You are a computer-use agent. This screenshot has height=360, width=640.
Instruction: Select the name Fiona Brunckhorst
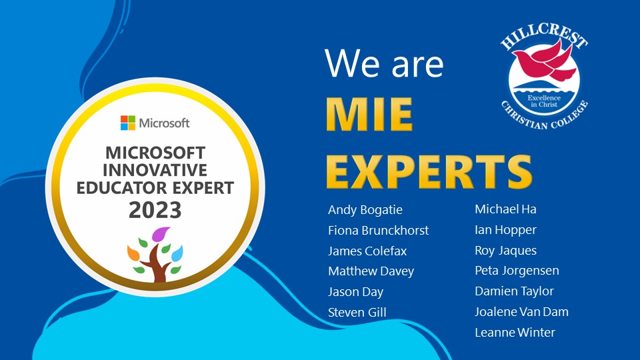click(378, 231)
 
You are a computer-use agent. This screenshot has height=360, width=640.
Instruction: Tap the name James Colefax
click(367, 251)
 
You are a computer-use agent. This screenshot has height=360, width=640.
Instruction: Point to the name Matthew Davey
click(371, 271)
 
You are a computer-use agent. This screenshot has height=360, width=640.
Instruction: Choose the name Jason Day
click(355, 292)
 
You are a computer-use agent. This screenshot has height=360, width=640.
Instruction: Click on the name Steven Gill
click(357, 312)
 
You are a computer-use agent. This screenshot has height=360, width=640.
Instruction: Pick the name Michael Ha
click(505, 209)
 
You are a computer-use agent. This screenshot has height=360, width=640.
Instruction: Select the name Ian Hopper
click(505, 230)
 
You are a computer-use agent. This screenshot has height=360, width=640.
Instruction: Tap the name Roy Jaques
click(505, 251)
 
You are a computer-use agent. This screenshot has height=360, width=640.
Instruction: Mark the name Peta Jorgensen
click(517, 271)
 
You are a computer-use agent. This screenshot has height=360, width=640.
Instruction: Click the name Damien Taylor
click(514, 291)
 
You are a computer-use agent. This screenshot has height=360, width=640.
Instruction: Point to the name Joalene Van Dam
click(521, 311)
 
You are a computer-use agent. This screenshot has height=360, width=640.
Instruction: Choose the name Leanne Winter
click(515, 332)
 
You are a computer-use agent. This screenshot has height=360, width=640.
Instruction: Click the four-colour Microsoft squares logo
click(128, 123)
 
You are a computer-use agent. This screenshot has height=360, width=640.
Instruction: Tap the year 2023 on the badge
click(155, 210)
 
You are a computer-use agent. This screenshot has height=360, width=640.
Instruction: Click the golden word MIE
click(369, 116)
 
